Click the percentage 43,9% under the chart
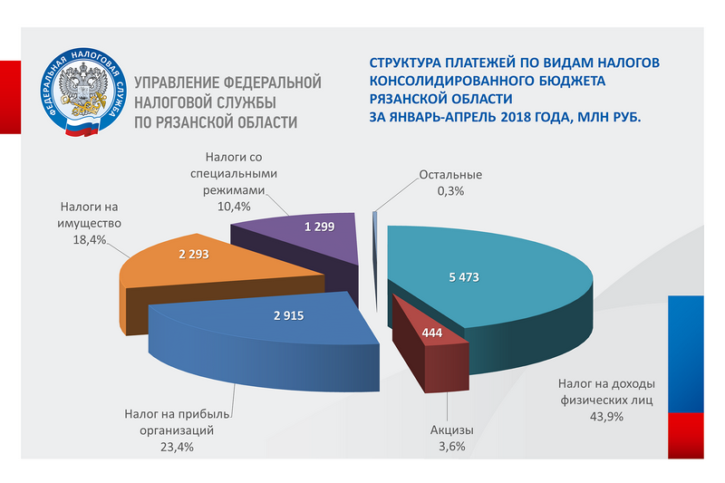[x=607, y=416]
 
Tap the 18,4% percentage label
[x=90, y=239]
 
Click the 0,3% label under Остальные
[x=449, y=190]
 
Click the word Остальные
[x=450, y=175]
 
